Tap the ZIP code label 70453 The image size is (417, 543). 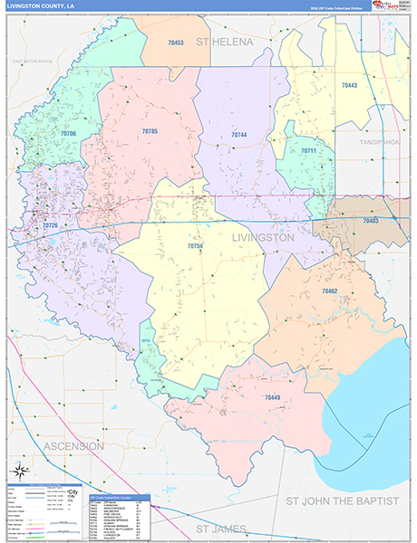(176, 43)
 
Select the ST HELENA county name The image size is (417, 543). (223, 43)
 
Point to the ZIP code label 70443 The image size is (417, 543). (349, 85)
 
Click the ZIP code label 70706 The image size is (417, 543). (69, 133)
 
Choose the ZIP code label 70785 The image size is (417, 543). (150, 131)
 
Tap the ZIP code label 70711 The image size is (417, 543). (309, 150)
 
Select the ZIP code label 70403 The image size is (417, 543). (370, 221)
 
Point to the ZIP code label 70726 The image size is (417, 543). (50, 224)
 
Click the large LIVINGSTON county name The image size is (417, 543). (263, 237)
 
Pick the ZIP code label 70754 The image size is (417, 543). (195, 246)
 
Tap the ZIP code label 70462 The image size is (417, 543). (329, 291)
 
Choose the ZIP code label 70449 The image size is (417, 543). (272, 397)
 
